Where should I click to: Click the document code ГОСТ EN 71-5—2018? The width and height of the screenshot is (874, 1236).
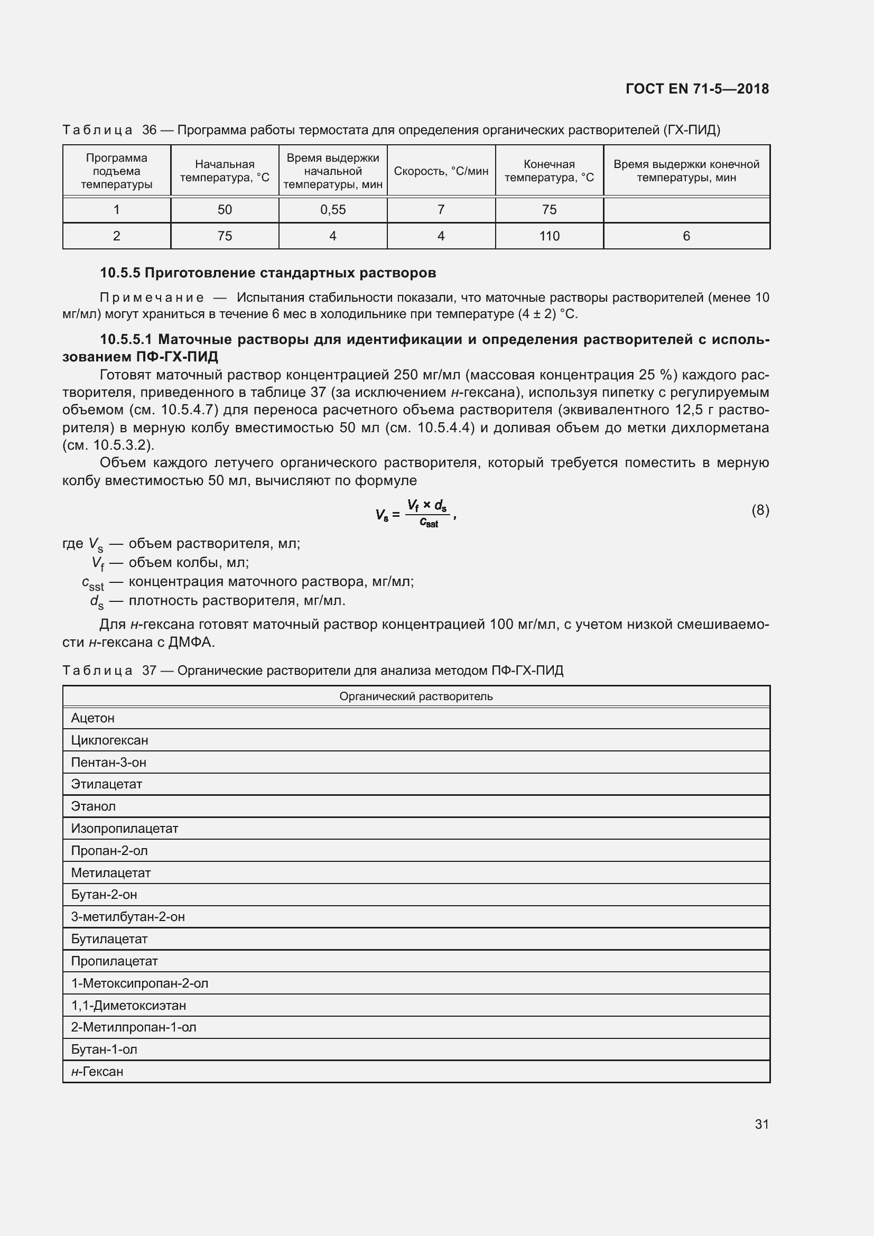pyautogui.click(x=697, y=89)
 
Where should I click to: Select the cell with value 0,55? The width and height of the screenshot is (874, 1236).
pyautogui.click(x=332, y=210)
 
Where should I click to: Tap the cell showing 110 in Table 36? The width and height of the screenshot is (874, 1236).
pyautogui.click(x=549, y=236)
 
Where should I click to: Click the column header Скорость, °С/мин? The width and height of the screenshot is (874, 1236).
pyautogui.click(x=441, y=171)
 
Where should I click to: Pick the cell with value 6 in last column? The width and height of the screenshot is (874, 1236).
pyautogui.click(x=686, y=236)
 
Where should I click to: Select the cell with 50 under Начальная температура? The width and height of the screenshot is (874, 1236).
pyautogui.click(x=225, y=210)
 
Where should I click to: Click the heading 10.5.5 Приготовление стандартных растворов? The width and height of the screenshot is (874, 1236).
pyautogui.click(x=267, y=273)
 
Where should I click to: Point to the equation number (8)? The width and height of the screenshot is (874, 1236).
pyautogui.click(x=760, y=510)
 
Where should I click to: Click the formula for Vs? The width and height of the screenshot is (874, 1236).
pyautogui.click(x=415, y=513)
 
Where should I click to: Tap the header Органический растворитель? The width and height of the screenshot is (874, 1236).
pyautogui.click(x=415, y=696)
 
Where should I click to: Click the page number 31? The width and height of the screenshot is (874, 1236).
pyautogui.click(x=761, y=1124)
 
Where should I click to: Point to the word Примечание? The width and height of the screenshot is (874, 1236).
pyautogui.click(x=152, y=298)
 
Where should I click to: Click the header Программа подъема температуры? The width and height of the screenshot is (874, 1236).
pyautogui.click(x=116, y=171)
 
